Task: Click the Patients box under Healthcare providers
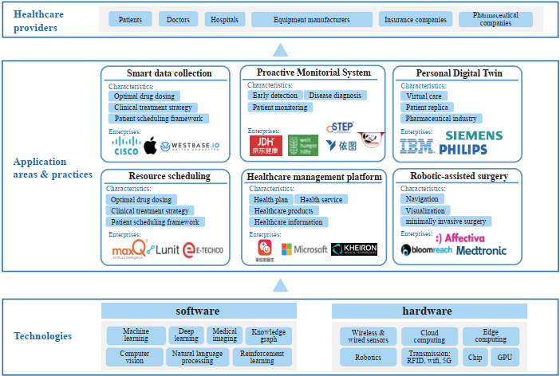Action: pos(129,19)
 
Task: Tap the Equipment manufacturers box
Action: pos(311,19)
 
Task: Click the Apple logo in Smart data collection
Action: pos(151,145)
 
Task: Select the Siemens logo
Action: pos(474,135)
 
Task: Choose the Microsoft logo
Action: pos(299,249)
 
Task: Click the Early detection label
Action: pos(274,96)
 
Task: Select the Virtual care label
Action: pos(424,96)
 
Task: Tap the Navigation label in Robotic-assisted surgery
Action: pos(422,199)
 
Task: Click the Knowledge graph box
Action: pos(269,335)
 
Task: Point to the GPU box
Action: pos(504,357)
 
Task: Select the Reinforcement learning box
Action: pos(261,357)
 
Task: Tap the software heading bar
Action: pos(197,311)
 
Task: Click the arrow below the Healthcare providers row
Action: pos(280,50)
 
